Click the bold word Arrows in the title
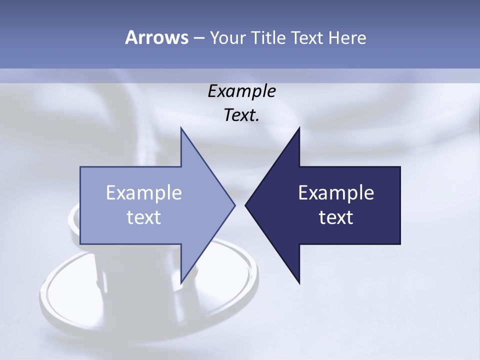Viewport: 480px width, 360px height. pyautogui.click(x=156, y=37)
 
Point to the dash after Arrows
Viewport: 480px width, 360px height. pyautogui.click(x=198, y=38)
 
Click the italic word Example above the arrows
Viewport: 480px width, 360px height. pyautogui.click(x=241, y=91)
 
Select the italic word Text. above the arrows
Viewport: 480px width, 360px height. pyautogui.click(x=241, y=115)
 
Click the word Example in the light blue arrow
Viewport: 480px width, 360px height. pyautogui.click(x=144, y=193)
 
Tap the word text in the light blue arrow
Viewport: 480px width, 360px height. pyautogui.click(x=144, y=217)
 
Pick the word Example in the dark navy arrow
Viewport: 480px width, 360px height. pyautogui.click(x=336, y=193)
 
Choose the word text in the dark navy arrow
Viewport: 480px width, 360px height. pyautogui.click(x=336, y=217)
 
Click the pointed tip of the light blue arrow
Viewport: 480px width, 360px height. pyautogui.click(x=235, y=205)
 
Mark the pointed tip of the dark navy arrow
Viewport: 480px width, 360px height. pyautogui.click(x=245, y=205)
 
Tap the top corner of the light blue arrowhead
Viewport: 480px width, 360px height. pyautogui.click(x=181, y=127)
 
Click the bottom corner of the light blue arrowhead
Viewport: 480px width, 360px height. pyautogui.click(x=181, y=283)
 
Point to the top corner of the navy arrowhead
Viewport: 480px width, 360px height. pyautogui.click(x=299, y=127)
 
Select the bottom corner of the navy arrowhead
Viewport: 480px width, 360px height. pyautogui.click(x=299, y=283)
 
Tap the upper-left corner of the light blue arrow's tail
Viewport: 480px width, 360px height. pyautogui.click(x=80, y=167)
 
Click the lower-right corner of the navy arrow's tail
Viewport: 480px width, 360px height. pyautogui.click(x=400, y=244)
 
